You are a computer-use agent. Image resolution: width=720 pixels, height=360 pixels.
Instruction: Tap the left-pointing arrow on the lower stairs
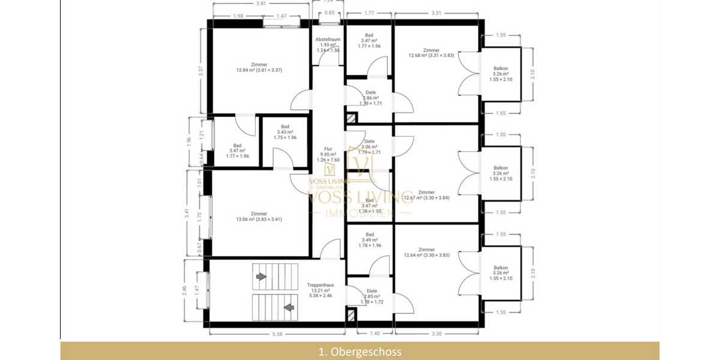[x=289, y=308]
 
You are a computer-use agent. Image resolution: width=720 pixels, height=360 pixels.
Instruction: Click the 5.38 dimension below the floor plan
[x=277, y=334]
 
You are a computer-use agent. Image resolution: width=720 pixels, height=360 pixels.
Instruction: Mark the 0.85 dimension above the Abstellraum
[x=329, y=13]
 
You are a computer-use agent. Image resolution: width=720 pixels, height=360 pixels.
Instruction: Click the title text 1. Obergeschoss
[x=360, y=352]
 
